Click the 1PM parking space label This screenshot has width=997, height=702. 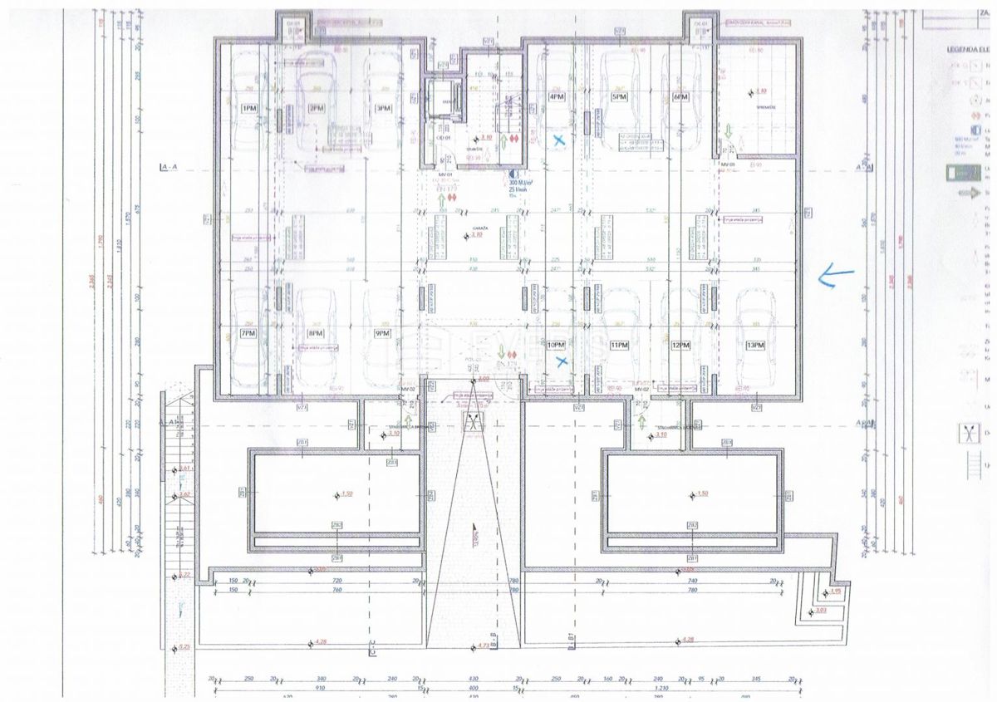pyautogui.click(x=248, y=108)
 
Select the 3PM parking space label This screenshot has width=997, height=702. pyautogui.click(x=382, y=108)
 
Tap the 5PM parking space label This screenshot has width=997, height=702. pyautogui.click(x=619, y=97)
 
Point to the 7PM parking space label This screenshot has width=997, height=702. pyautogui.click(x=248, y=333)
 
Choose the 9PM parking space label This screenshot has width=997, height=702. pyautogui.click(x=382, y=333)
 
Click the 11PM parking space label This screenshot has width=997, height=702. pyautogui.click(x=618, y=345)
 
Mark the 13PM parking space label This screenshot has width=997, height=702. pyautogui.click(x=754, y=345)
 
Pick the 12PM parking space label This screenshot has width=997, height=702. pyautogui.click(x=681, y=345)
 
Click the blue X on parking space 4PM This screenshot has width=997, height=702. pyautogui.click(x=560, y=140)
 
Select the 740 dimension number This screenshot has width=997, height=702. pyautogui.click(x=338, y=590)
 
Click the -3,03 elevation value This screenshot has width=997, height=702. pyautogui.click(x=822, y=611)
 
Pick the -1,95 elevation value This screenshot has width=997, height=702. pyautogui.click(x=835, y=592)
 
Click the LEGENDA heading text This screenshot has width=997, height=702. pyautogui.click(x=969, y=49)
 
